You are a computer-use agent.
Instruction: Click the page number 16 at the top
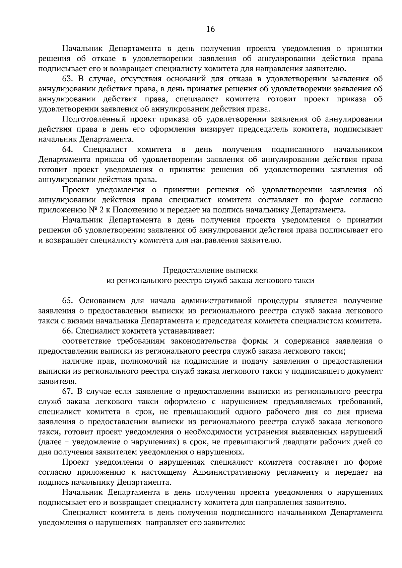210,29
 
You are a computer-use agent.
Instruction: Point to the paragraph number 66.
68,331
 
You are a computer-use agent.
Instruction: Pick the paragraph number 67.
68,391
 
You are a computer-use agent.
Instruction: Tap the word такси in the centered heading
305,280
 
